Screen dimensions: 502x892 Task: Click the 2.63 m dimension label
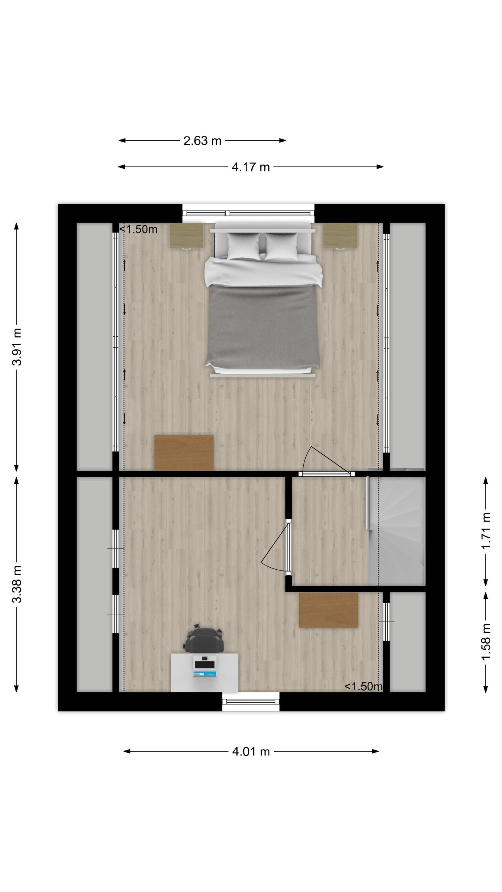pyautogui.click(x=202, y=141)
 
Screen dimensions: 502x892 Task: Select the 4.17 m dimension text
pyautogui.click(x=250, y=167)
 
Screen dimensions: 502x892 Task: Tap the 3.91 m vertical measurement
pyautogui.click(x=17, y=347)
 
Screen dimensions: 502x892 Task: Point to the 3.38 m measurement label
pyautogui.click(x=17, y=584)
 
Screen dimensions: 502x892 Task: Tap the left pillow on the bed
pyautogui.click(x=244, y=246)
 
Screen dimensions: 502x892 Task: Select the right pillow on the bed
pyautogui.click(x=281, y=246)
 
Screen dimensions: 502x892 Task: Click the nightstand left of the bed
pyautogui.click(x=186, y=236)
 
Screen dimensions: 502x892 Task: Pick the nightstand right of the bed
pyautogui.click(x=340, y=236)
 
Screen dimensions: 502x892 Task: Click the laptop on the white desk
pyautogui.click(x=204, y=666)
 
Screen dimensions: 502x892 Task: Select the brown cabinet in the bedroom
pyautogui.click(x=183, y=453)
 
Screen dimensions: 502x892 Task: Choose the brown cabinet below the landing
pyautogui.click(x=328, y=610)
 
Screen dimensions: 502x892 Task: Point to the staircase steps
pyautogui.click(x=401, y=531)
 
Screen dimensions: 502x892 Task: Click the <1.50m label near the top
pyautogui.click(x=138, y=229)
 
